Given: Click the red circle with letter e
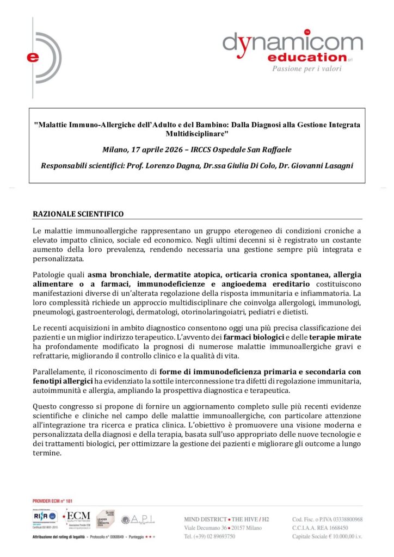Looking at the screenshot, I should pos(34,57).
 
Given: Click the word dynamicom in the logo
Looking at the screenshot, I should pos(292,42).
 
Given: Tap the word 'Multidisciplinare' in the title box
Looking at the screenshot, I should pos(196,133).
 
